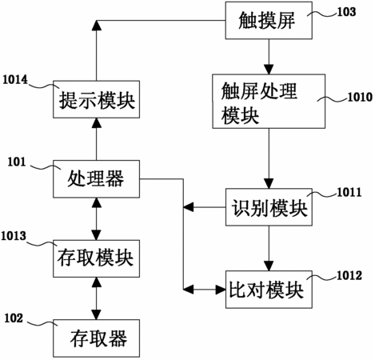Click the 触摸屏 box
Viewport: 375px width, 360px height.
(x=269, y=21)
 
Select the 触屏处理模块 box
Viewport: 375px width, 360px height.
(x=269, y=102)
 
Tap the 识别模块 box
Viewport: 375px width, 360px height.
(x=269, y=207)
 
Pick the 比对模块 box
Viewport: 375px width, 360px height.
(x=269, y=290)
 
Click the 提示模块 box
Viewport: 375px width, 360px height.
(x=96, y=99)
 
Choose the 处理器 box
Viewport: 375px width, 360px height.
(x=96, y=179)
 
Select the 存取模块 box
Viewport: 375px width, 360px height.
(x=96, y=258)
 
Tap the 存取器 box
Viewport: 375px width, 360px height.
(x=96, y=338)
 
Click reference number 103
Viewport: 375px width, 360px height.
(x=346, y=12)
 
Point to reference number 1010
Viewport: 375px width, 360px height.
(x=360, y=97)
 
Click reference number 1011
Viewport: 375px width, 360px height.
(x=349, y=192)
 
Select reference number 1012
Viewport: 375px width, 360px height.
(x=349, y=275)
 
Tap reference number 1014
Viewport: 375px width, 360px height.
(x=15, y=80)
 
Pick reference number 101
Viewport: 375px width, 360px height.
(x=17, y=162)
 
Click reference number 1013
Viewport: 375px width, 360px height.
(x=14, y=236)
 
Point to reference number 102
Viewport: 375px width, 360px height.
(x=14, y=318)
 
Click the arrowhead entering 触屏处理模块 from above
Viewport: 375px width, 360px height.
(x=269, y=70)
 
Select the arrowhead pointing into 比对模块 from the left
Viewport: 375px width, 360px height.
(x=221, y=290)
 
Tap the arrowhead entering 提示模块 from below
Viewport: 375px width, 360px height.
(x=96, y=123)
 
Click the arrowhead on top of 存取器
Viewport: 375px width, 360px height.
(x=96, y=314)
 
